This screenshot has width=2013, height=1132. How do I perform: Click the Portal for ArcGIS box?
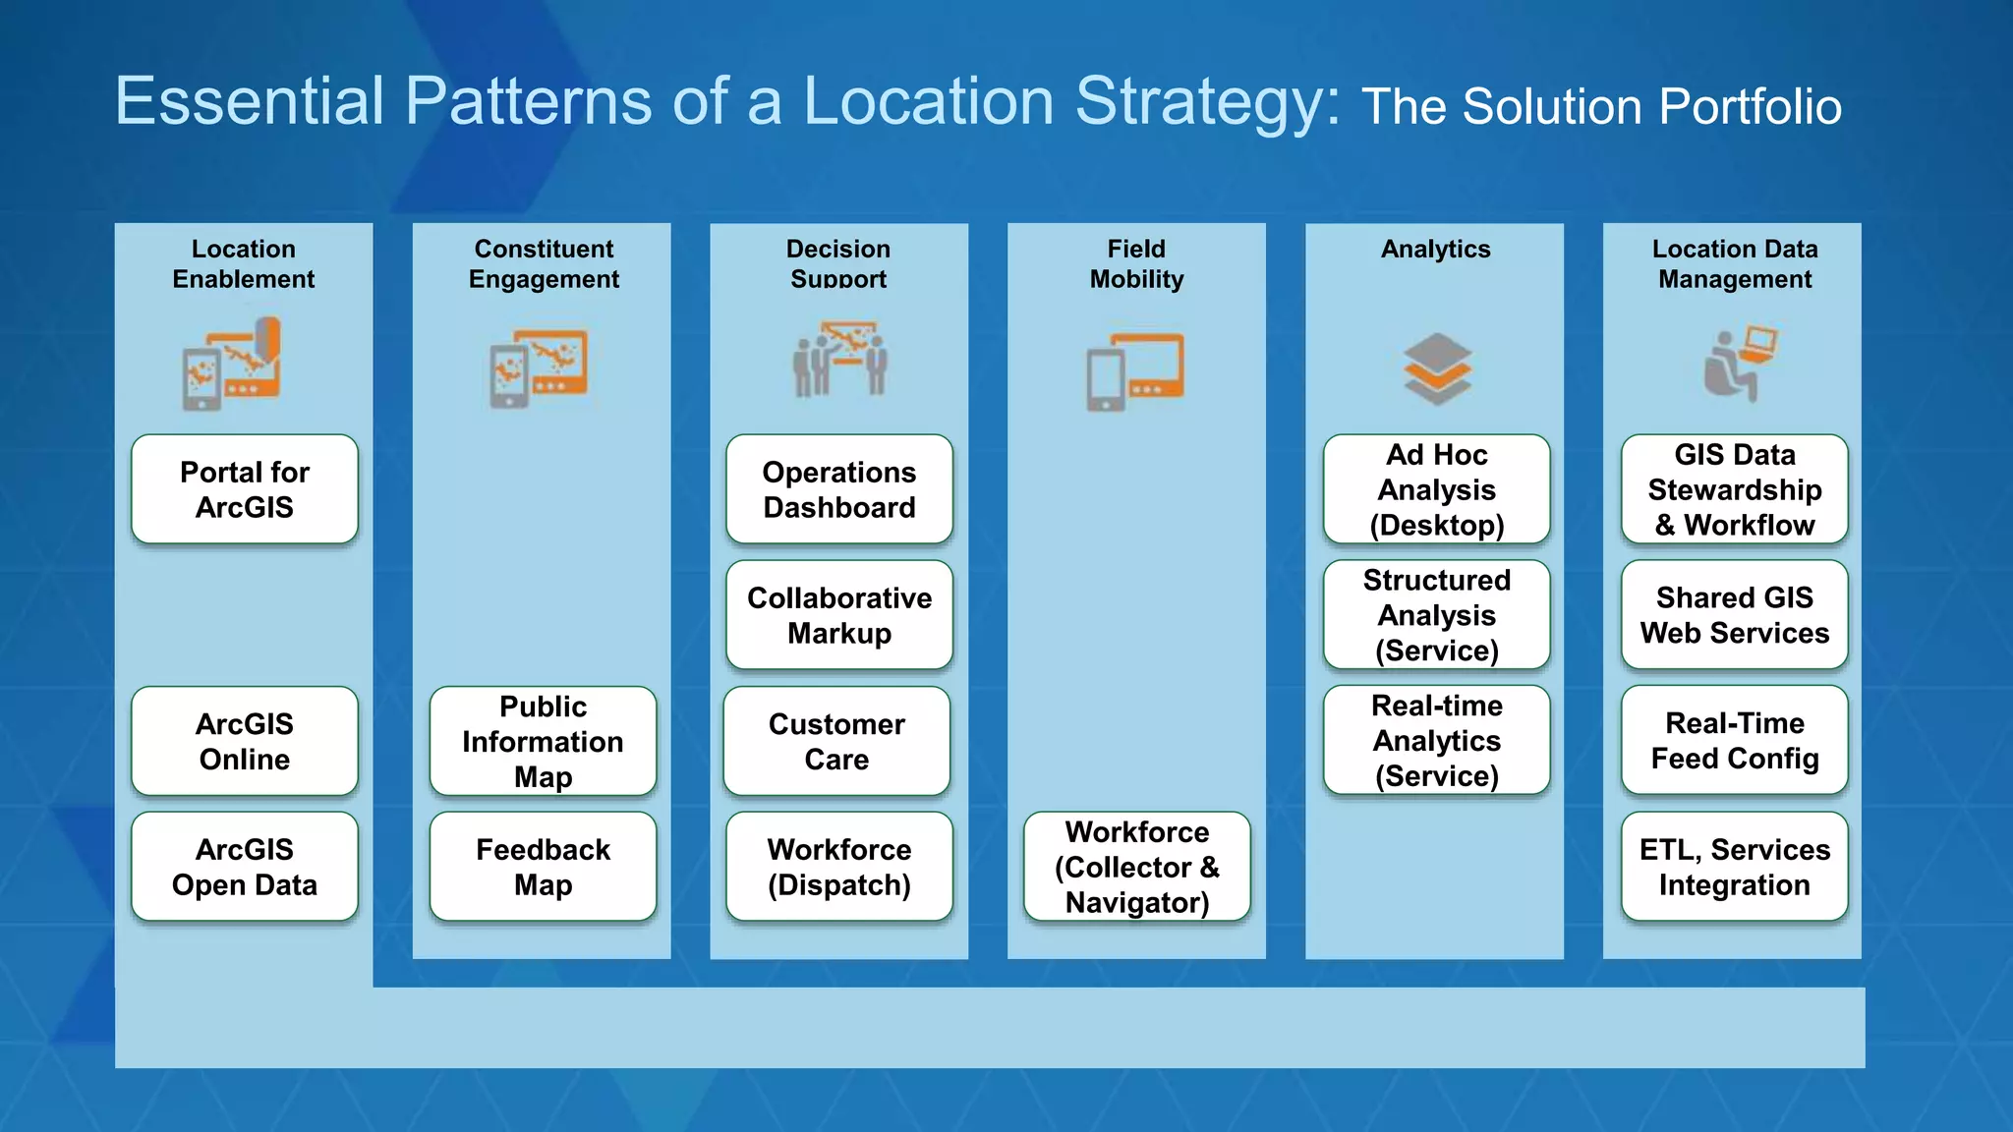coord(245,489)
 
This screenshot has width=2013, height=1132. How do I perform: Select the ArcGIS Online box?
coord(245,741)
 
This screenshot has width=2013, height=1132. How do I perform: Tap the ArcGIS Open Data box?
coord(245,867)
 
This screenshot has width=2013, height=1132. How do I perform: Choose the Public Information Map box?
coord(543,741)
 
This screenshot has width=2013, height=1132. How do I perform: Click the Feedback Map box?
coord(543,867)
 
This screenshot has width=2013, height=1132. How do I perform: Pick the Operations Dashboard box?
coord(839,489)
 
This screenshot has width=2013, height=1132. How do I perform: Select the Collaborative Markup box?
coord(839,615)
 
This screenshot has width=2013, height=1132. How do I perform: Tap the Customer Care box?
coord(836,741)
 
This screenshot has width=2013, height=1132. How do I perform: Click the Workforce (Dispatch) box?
coord(839,867)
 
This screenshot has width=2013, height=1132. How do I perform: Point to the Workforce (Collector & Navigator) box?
coord(1137,867)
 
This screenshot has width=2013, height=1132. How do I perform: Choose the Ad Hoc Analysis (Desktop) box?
coord(1436,489)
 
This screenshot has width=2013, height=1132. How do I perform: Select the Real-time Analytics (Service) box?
coord(1436,741)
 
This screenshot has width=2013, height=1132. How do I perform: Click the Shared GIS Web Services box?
coord(1734,615)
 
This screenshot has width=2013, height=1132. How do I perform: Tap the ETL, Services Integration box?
coord(1734,867)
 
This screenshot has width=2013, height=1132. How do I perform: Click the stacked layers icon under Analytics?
coord(1437,369)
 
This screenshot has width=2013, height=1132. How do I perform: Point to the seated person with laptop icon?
coord(1738,364)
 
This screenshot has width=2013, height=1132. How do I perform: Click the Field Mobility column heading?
coord(1136,263)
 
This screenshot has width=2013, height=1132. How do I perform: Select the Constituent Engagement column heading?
coord(544,263)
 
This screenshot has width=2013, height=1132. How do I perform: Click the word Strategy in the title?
coord(1207,102)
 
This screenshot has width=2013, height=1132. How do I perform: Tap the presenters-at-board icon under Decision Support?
coord(840,360)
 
